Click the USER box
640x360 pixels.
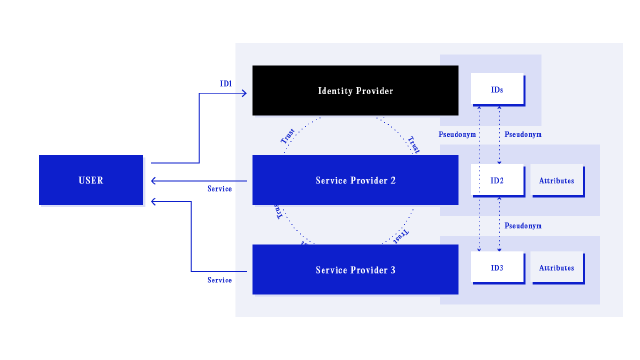(x=91, y=180)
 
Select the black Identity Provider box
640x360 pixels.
(x=355, y=91)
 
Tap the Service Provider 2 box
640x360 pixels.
(x=355, y=180)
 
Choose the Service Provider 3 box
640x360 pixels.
(x=355, y=270)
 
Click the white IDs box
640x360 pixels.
(x=497, y=90)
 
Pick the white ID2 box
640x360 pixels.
(x=497, y=180)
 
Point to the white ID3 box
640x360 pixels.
(x=497, y=268)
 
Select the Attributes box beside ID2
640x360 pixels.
(x=556, y=180)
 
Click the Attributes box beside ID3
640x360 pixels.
(x=556, y=268)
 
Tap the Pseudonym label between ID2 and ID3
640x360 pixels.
(x=523, y=226)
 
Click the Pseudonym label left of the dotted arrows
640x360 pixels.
(x=457, y=134)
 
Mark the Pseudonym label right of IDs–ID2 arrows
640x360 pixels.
(x=523, y=134)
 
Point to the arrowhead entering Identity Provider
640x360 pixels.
(x=243, y=93)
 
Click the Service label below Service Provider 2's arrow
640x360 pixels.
(x=219, y=189)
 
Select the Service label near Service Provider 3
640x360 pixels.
(x=219, y=281)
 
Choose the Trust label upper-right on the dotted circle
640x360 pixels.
(x=412, y=144)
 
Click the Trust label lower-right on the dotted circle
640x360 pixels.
(x=400, y=236)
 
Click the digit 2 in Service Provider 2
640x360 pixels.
(x=393, y=180)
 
